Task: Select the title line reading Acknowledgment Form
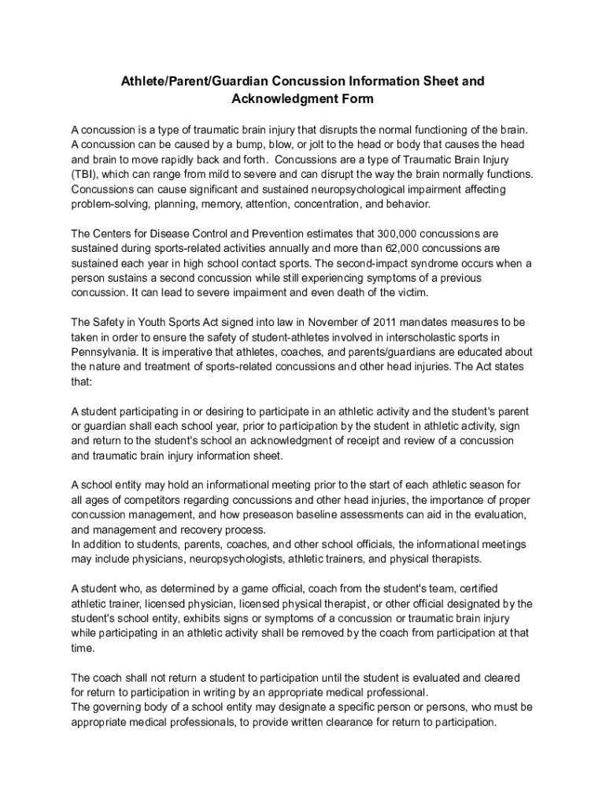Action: coord(302,99)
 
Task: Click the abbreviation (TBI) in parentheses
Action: coord(85,174)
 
